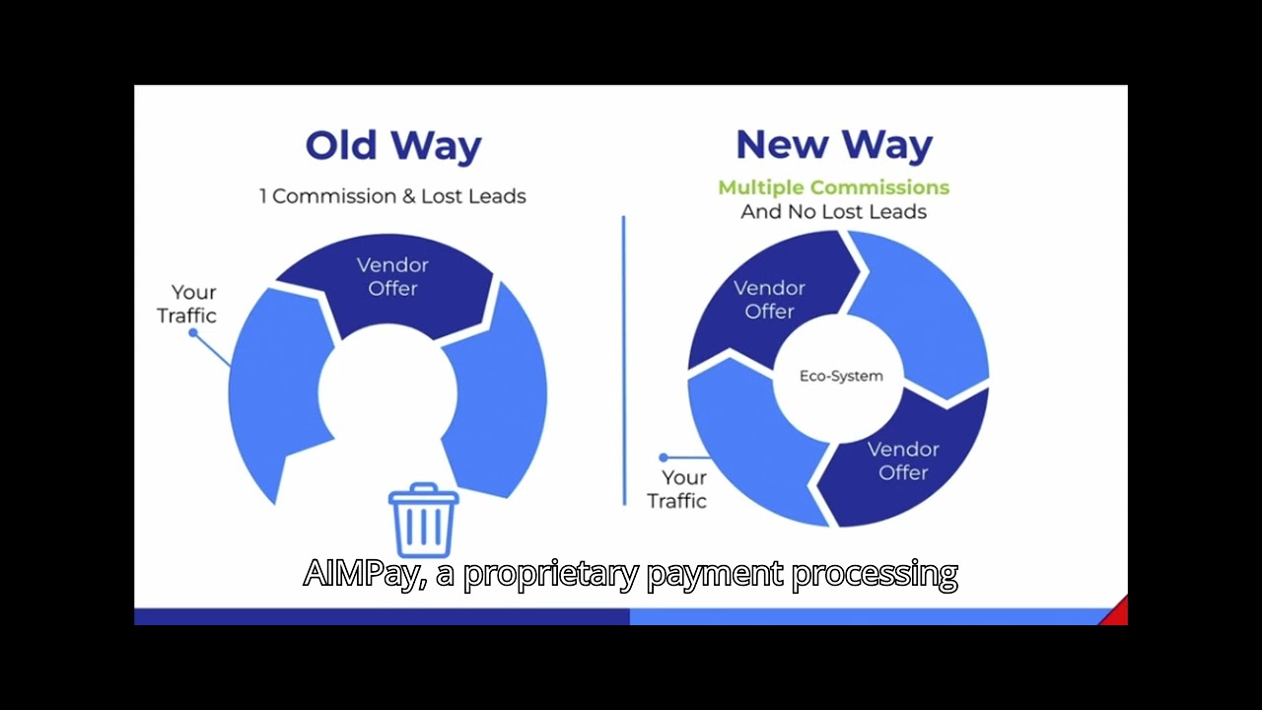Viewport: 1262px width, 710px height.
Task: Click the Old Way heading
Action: point(392,146)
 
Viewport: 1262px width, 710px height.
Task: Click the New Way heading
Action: point(833,146)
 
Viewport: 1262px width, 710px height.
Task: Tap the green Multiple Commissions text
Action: point(833,187)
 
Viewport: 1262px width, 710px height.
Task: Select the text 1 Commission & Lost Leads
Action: point(392,196)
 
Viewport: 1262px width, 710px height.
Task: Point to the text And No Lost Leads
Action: point(833,211)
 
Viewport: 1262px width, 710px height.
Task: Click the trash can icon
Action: point(424,520)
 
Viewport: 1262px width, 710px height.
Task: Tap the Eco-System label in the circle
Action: point(841,376)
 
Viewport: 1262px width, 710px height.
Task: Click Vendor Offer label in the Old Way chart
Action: point(392,277)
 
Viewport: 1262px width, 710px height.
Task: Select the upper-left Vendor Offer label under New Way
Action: point(769,300)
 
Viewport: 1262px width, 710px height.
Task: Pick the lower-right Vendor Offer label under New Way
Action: point(903,461)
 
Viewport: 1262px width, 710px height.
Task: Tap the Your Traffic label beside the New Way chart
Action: point(677,489)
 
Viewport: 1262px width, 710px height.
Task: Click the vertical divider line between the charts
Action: point(624,360)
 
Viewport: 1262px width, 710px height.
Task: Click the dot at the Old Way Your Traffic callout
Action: point(193,333)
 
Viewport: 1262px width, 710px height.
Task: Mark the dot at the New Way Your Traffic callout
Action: point(664,458)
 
